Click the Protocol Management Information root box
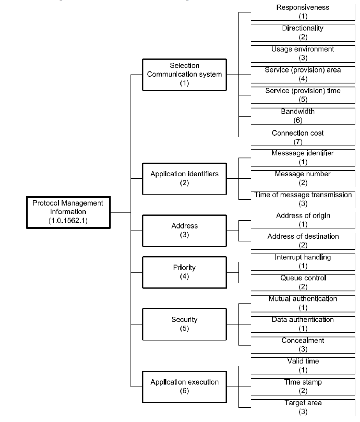pyautogui.click(x=68, y=212)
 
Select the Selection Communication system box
pyautogui.click(x=184, y=74)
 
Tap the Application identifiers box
pyautogui.click(x=184, y=179)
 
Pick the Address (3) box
pyautogui.click(x=184, y=231)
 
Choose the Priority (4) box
pyautogui.click(x=184, y=272)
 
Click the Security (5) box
pyautogui.click(x=184, y=324)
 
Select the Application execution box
pyautogui.click(x=184, y=387)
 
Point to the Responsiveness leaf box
pyautogui.click(x=303, y=12)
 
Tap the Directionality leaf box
pyautogui.click(x=303, y=33)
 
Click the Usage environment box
pyautogui.click(x=303, y=54)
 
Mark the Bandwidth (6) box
pyautogui.click(x=303, y=116)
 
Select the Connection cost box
pyautogui.click(x=303, y=137)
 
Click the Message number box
pyautogui.click(x=303, y=179)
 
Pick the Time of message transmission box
pyautogui.click(x=303, y=199)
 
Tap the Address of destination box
pyautogui.click(x=303, y=241)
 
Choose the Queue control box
pyautogui.click(x=303, y=283)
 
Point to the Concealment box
pyautogui.click(x=303, y=345)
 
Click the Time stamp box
pyautogui.click(x=303, y=387)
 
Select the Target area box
pyautogui.click(x=303, y=408)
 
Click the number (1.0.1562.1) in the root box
pyautogui.click(x=68, y=221)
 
